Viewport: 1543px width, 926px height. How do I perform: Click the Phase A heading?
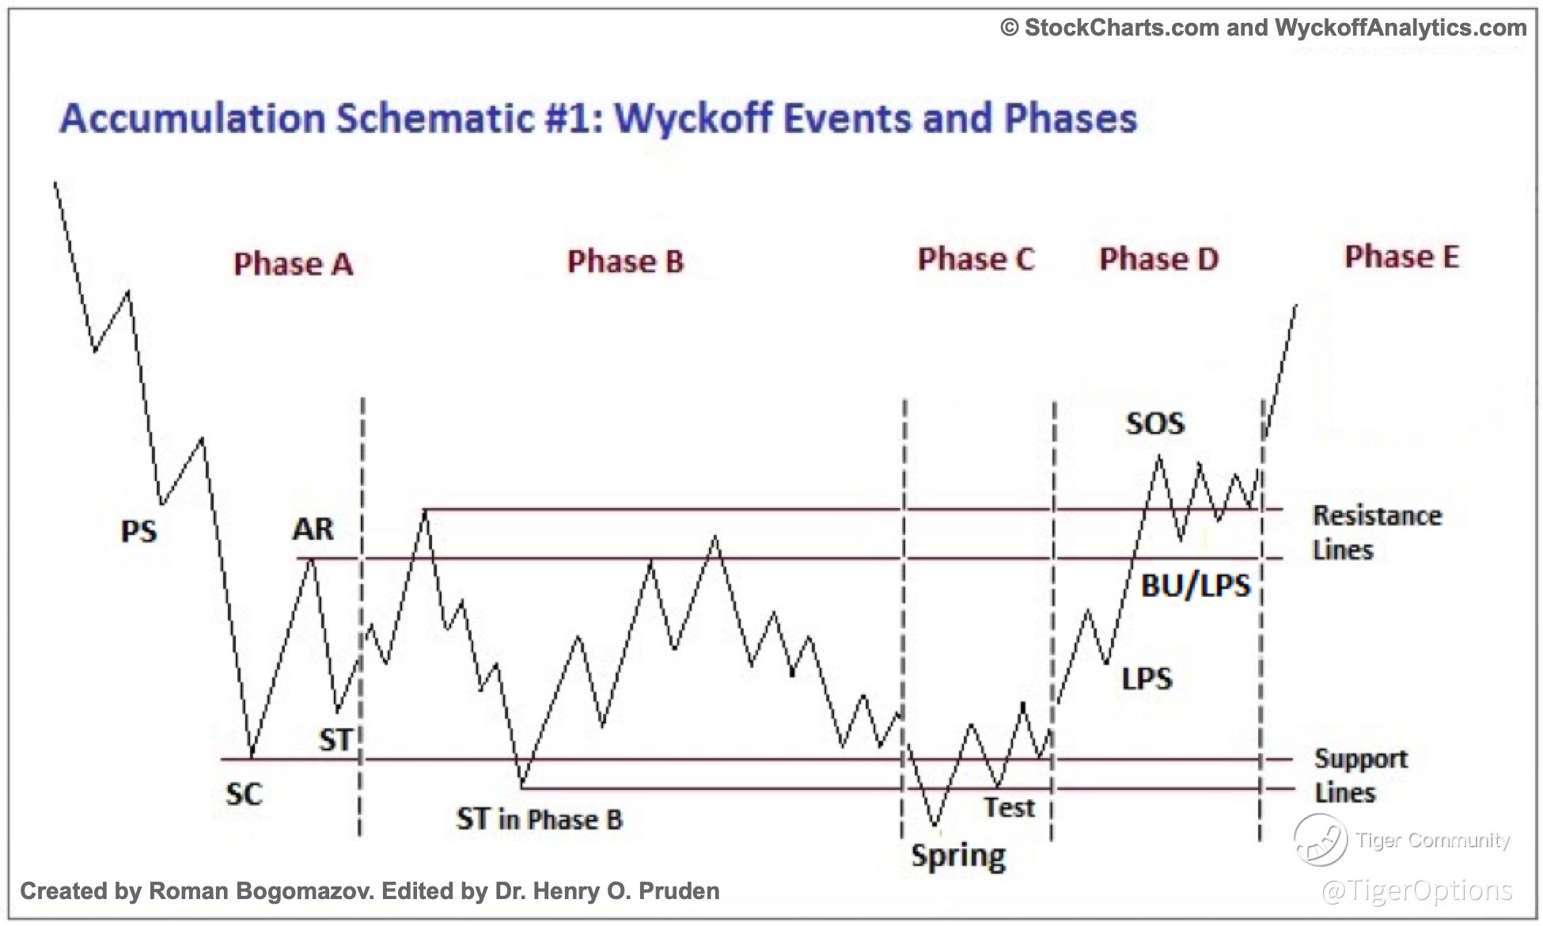tap(294, 264)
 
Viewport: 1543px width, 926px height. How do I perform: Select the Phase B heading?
tap(625, 261)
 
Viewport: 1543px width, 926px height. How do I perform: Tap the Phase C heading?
tap(976, 259)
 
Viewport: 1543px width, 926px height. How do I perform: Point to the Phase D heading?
tap(1158, 258)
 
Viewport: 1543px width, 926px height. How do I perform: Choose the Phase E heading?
tap(1401, 256)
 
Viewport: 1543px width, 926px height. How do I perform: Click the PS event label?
tap(138, 531)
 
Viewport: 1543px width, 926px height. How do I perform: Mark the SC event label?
tap(244, 794)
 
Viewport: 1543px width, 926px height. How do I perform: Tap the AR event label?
tap(313, 529)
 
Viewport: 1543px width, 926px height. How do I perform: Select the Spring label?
tap(958, 856)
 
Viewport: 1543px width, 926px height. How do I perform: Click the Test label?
tap(1009, 807)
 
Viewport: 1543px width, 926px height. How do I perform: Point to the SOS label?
tap(1155, 423)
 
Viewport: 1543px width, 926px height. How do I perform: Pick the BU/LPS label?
tap(1196, 586)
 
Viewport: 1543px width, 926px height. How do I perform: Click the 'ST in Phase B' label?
tap(539, 819)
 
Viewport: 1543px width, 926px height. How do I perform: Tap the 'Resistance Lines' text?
tap(1377, 533)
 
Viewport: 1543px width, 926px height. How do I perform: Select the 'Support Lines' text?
tap(1361, 776)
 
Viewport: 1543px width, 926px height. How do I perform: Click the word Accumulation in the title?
tap(192, 119)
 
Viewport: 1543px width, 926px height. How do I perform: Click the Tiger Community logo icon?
tap(1320, 841)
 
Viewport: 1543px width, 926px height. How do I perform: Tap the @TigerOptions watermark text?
tap(1416, 890)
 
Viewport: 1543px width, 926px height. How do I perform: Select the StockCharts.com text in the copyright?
tap(1122, 28)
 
